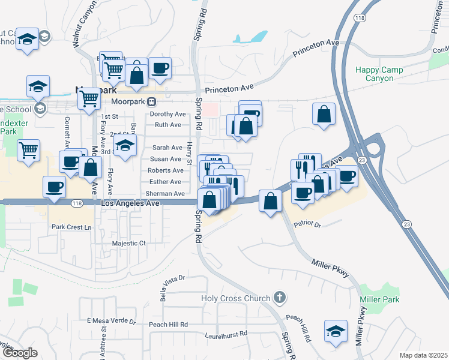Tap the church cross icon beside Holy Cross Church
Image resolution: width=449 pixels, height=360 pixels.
279,297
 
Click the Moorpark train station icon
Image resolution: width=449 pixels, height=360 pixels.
152,101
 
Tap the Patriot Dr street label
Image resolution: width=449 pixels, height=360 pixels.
307,224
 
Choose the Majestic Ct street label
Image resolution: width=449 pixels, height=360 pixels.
129,244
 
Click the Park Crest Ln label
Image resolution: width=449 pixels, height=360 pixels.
71,227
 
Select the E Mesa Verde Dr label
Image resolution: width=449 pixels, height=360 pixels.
112,321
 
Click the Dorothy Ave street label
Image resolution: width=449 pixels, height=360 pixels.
167,114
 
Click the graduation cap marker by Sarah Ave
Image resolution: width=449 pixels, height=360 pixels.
125,146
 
